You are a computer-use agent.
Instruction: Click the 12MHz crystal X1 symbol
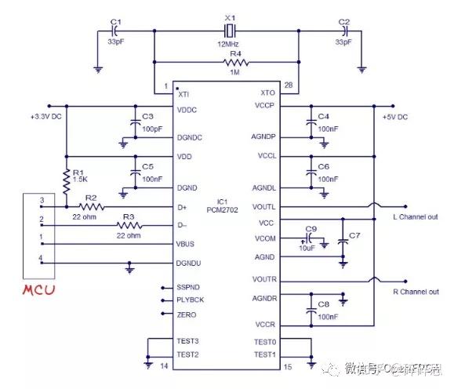point(228,31)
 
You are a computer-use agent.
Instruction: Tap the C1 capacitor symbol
point(114,31)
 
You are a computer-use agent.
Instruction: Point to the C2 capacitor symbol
point(343,31)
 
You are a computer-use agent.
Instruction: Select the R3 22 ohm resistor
point(130,225)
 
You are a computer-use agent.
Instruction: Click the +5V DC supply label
point(394,117)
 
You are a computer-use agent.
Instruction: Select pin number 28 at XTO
point(288,84)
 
